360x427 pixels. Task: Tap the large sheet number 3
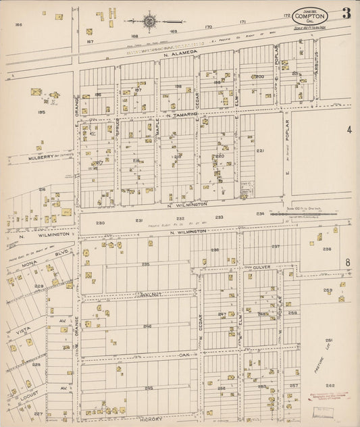(x=346, y=13)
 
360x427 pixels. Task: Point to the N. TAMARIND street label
(x=178, y=114)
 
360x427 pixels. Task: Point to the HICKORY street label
(x=149, y=418)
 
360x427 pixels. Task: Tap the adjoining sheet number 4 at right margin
(x=349, y=129)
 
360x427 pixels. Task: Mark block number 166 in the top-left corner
(x=19, y=24)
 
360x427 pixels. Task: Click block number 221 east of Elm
(x=259, y=150)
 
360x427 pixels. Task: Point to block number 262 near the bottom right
(x=330, y=385)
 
